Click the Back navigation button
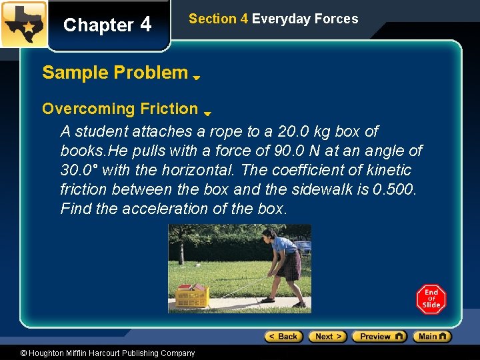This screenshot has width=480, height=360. pyautogui.click(x=284, y=337)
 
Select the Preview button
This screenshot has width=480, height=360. pyautogui.click(x=379, y=337)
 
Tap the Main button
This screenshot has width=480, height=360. pyautogui.click(x=431, y=337)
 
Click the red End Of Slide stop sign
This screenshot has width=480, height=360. pyautogui.click(x=431, y=299)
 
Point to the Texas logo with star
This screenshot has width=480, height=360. pyautogui.click(x=24, y=24)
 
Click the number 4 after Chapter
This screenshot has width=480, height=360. pyautogui.click(x=145, y=25)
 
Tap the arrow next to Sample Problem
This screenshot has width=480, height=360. pyautogui.click(x=197, y=78)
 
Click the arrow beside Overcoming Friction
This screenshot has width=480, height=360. pyautogui.click(x=207, y=114)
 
